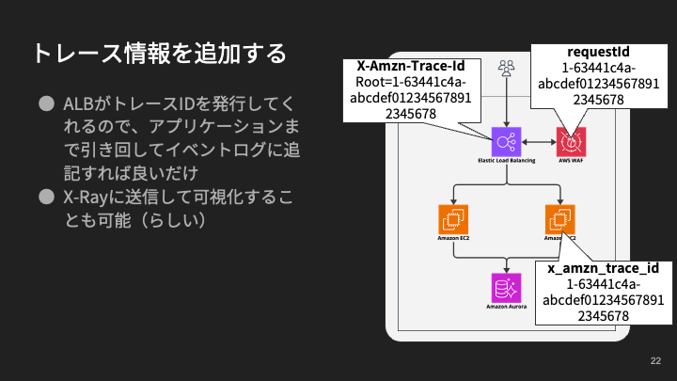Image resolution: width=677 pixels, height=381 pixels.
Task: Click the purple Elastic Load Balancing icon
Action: click(x=507, y=142)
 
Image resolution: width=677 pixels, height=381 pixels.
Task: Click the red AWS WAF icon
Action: click(x=572, y=142)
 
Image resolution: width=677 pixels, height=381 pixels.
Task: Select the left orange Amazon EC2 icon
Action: click(x=453, y=219)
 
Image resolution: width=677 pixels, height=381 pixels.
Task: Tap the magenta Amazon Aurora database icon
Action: click(x=507, y=288)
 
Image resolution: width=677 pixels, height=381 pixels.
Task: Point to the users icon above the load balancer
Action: click(x=507, y=68)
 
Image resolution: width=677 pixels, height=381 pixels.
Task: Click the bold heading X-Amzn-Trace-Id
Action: click(x=411, y=66)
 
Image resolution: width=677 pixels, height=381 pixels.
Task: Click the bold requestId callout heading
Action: click(x=598, y=52)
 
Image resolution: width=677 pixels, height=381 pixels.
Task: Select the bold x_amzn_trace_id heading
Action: click(x=603, y=268)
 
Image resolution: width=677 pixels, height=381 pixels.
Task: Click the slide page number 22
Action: click(x=655, y=360)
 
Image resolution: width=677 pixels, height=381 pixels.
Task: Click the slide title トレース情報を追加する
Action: click(x=160, y=54)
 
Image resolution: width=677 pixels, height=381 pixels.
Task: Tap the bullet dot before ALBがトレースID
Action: click(x=47, y=103)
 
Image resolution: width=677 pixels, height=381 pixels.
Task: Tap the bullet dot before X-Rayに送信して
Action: click(x=47, y=197)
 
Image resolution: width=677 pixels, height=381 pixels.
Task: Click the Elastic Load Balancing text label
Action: click(x=507, y=160)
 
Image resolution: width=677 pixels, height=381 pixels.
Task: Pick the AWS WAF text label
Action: click(x=571, y=160)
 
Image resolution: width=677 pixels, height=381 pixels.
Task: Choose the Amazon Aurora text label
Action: click(x=507, y=307)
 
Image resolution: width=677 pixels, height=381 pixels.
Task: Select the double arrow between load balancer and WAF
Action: click(x=539, y=142)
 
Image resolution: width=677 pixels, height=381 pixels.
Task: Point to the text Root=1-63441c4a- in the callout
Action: click(x=411, y=82)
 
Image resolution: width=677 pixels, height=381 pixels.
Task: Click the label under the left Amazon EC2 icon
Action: click(x=453, y=238)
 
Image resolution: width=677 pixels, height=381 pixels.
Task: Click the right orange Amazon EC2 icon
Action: click(x=560, y=219)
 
